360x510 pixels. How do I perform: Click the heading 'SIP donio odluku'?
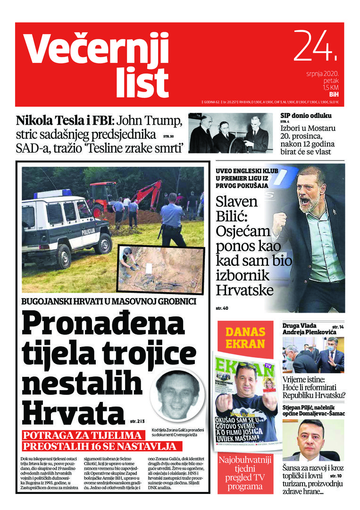coord(306,116)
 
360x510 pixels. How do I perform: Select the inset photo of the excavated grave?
coord(160,268)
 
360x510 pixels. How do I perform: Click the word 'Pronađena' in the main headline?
coord(103,324)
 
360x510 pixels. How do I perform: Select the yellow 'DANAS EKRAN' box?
coord(245,337)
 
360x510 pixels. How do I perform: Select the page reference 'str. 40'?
coord(222,308)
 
